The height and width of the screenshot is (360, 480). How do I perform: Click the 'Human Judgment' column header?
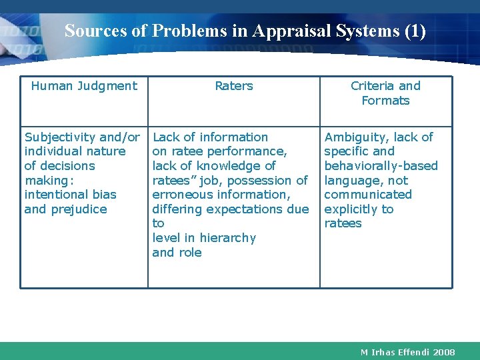(x=84, y=86)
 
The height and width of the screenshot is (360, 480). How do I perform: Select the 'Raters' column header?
(x=234, y=86)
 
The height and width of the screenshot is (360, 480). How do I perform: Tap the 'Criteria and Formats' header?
(x=385, y=93)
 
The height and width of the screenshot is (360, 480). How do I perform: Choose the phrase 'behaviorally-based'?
(x=381, y=166)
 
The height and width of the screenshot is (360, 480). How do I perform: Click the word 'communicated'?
(x=368, y=195)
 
